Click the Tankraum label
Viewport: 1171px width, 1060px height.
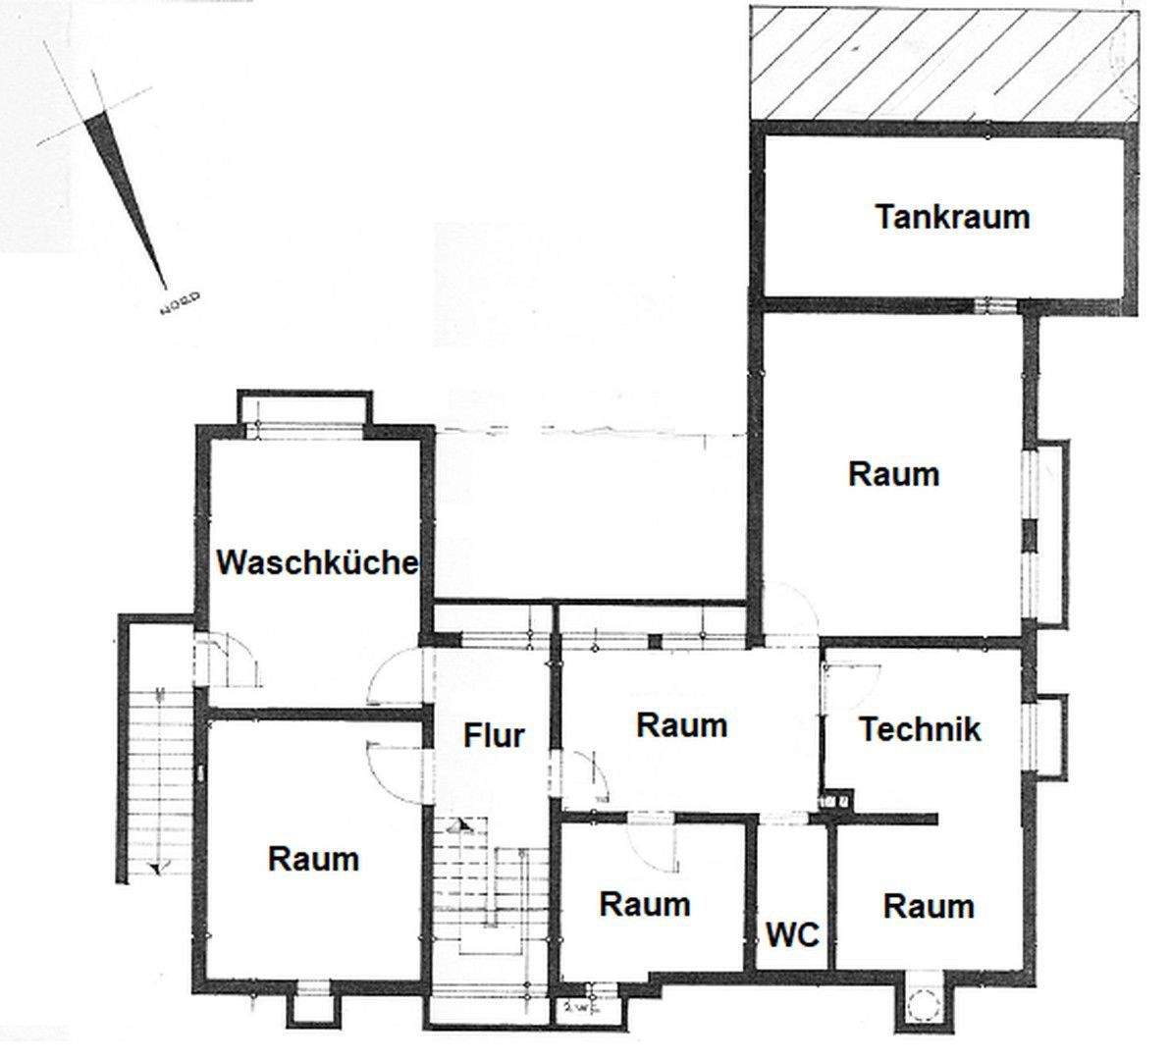click(x=952, y=216)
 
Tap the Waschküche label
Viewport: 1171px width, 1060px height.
click(x=317, y=563)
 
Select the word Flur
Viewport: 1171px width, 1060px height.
click(x=495, y=735)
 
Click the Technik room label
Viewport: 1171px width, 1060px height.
click(x=920, y=729)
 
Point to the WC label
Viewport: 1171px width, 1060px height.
click(x=792, y=935)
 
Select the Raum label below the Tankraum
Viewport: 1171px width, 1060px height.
click(x=893, y=474)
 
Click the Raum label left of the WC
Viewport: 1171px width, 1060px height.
click(x=645, y=903)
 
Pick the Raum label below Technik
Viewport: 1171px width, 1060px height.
click(x=929, y=906)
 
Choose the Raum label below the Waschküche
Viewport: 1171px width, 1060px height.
click(x=313, y=860)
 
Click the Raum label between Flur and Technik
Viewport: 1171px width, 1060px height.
click(x=682, y=725)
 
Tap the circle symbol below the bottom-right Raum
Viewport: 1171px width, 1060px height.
click(x=924, y=1004)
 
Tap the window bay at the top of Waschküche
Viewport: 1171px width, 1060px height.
click(x=305, y=410)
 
